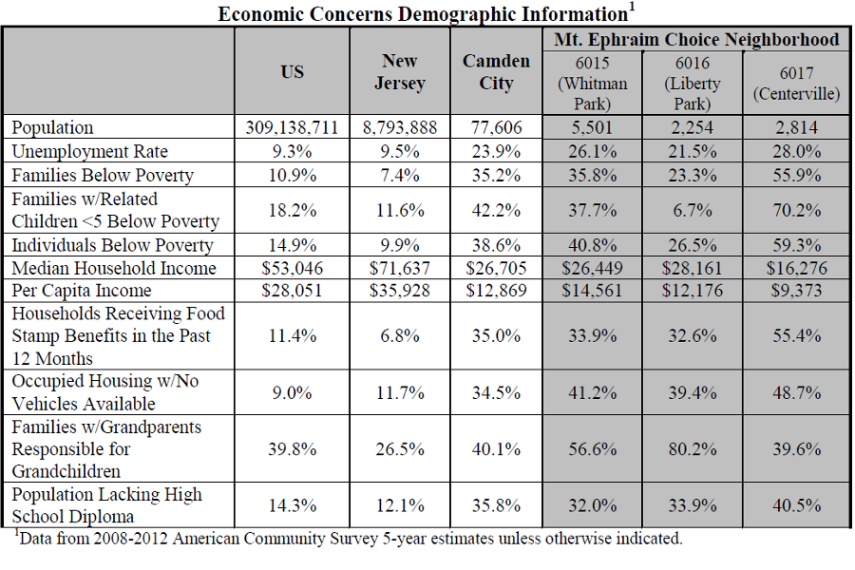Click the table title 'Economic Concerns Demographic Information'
pyautogui.click(x=423, y=13)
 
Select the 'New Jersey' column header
pyautogui.click(x=400, y=71)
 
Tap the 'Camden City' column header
pyautogui.click(x=496, y=71)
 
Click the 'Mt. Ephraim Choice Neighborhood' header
pyautogui.click(x=696, y=39)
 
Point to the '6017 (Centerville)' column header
pyautogui.click(x=797, y=83)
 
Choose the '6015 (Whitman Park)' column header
pyautogui.click(x=592, y=83)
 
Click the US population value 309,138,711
pyautogui.click(x=292, y=127)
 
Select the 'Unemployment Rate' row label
pyautogui.click(x=90, y=151)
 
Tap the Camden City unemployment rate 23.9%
pyautogui.click(x=496, y=151)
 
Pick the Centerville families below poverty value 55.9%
pyautogui.click(x=797, y=175)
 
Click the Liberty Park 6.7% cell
pyautogui.click(x=693, y=210)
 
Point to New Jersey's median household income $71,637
pyautogui.click(x=400, y=268)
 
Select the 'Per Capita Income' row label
pyautogui.click(x=82, y=290)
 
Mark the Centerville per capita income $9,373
pyautogui.click(x=797, y=290)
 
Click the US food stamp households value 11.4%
pyautogui.click(x=293, y=335)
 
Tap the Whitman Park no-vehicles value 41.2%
pyautogui.click(x=592, y=392)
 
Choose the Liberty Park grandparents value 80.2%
pyautogui.click(x=693, y=449)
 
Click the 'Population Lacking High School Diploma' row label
pyautogui.click(x=106, y=505)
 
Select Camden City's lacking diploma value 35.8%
pyautogui.click(x=496, y=505)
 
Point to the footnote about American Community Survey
pyautogui.click(x=349, y=539)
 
